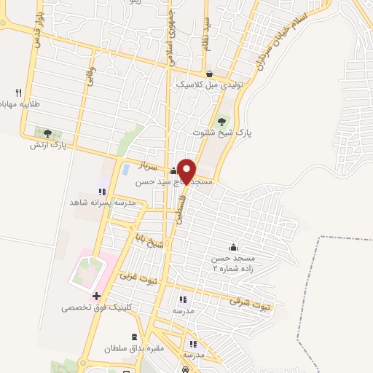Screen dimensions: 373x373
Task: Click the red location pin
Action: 187,171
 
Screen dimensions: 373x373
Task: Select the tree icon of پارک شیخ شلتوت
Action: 222,121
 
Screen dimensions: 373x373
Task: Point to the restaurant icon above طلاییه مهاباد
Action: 19,92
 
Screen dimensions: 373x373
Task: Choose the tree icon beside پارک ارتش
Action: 47,133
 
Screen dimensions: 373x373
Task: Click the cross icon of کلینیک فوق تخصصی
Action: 96,296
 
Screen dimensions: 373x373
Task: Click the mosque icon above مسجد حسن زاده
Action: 233,246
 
